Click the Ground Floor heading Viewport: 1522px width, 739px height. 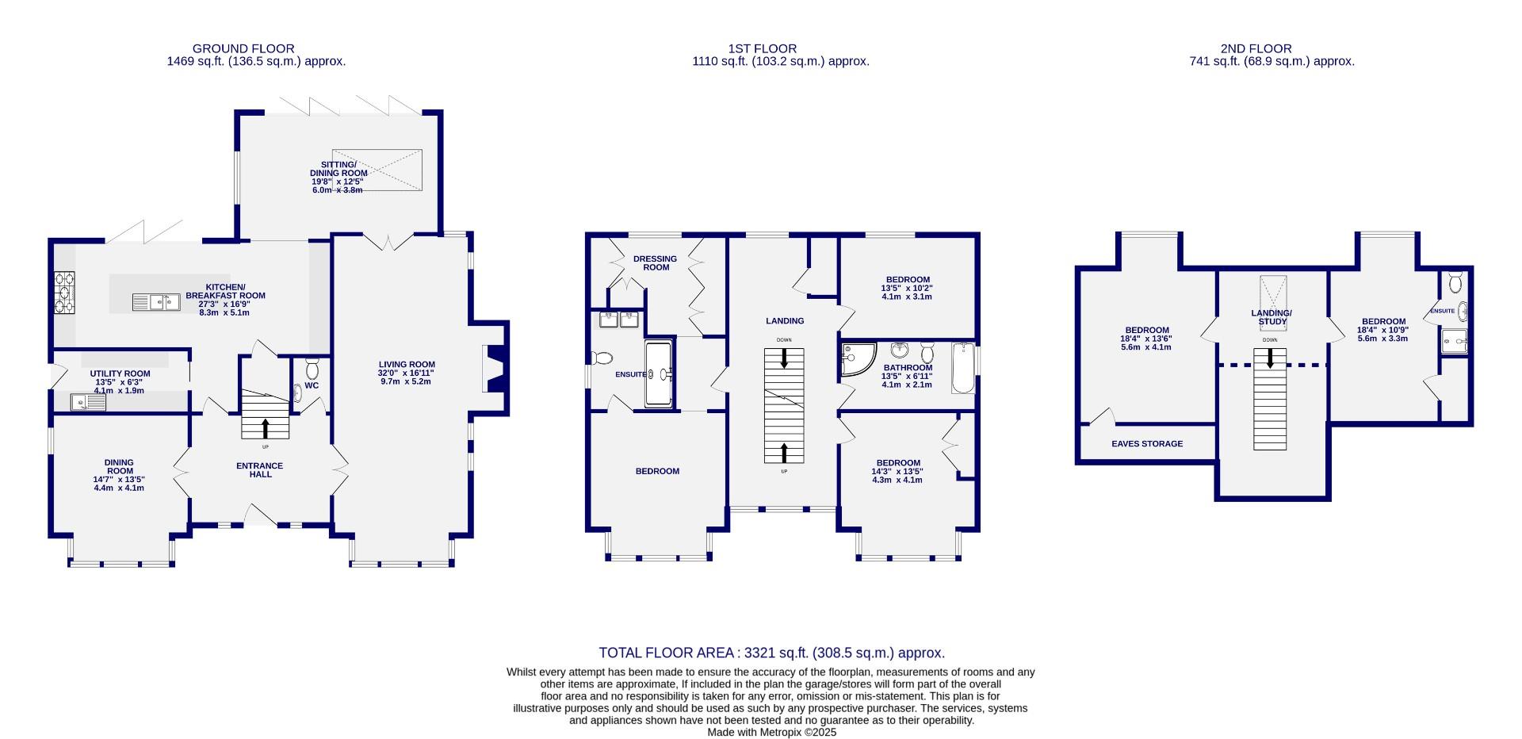[x=243, y=48]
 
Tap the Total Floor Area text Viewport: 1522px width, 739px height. [x=771, y=653]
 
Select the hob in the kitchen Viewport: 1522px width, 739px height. [x=64, y=293]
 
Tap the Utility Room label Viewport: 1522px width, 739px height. [x=120, y=373]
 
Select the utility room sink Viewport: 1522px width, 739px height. [x=88, y=404]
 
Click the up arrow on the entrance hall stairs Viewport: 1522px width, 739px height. [x=265, y=429]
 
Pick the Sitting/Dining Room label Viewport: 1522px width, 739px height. [x=338, y=169]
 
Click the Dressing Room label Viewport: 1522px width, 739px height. [x=656, y=262]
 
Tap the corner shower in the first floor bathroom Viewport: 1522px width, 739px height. [x=858, y=359]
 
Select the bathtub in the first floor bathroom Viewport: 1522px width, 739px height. [x=962, y=368]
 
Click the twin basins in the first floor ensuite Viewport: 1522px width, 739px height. [x=619, y=320]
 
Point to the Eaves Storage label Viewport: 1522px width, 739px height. [x=1146, y=444]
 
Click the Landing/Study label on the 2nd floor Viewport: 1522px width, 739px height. [x=1272, y=317]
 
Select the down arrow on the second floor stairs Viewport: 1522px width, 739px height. [x=1270, y=359]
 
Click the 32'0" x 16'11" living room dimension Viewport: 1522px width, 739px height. [x=407, y=373]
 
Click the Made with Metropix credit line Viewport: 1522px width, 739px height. [x=771, y=733]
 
